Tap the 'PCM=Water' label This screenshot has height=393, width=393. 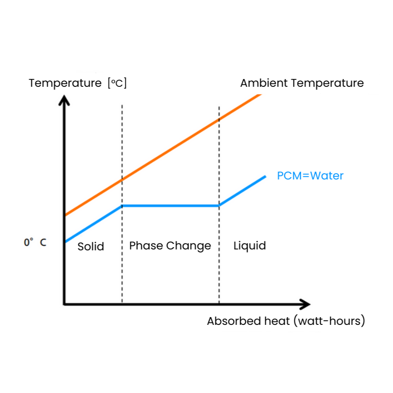coord(310,176)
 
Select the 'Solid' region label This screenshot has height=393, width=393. coord(91,247)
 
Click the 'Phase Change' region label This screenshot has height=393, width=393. coord(170,246)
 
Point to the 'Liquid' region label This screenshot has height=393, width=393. coord(249,246)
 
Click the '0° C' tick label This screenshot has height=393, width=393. coord(35,243)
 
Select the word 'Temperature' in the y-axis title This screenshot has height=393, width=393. coord(65,84)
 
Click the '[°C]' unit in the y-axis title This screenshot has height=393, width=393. coord(117,84)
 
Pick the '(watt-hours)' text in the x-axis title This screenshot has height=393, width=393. coord(329,321)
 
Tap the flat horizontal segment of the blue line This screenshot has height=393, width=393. coord(170,206)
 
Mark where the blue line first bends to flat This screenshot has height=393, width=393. coord(122,206)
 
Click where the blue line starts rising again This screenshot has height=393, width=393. coord(219,206)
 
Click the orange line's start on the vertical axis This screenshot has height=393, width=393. coord(65,215)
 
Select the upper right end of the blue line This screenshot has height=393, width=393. coord(264,176)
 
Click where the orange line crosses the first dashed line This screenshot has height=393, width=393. coord(122,181)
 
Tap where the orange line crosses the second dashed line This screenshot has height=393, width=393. coord(219,119)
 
